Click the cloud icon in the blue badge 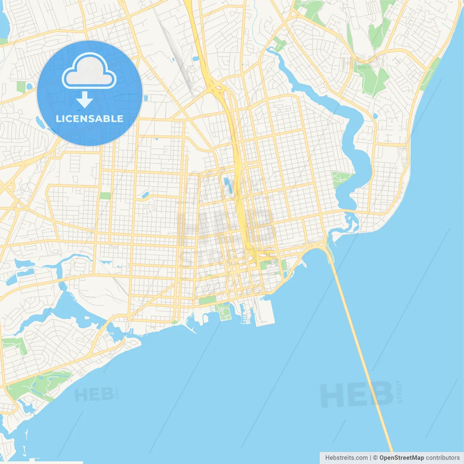point(89,71)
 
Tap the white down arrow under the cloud point(84,100)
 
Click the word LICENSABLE point(90,119)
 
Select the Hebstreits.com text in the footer point(346,458)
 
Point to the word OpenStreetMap point(401,458)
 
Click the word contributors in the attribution point(443,458)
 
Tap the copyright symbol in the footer point(376,458)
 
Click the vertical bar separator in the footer point(370,458)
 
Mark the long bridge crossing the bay point(362,355)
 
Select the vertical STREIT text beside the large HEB point(399,391)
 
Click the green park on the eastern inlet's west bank point(341,178)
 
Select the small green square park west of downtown point(105,196)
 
